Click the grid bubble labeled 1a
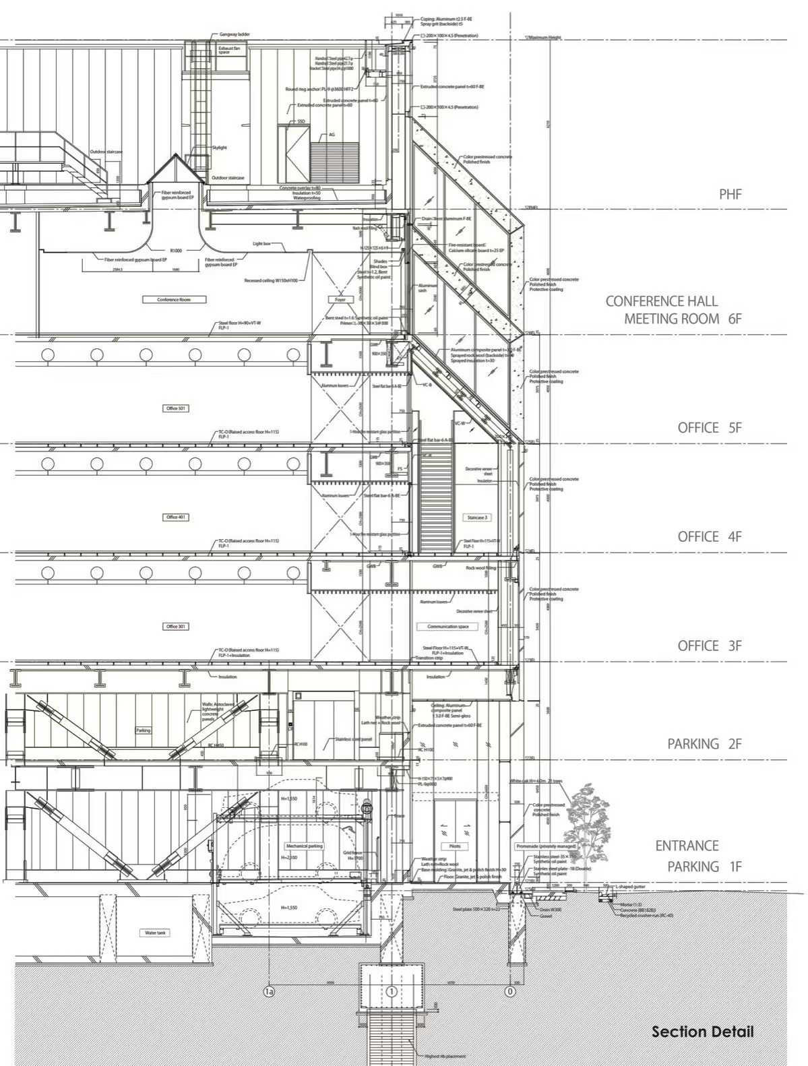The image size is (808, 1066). tap(269, 991)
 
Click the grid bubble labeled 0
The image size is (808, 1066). tap(510, 991)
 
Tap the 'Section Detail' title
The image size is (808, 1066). tap(702, 1032)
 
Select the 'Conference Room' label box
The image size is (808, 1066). tap(173, 299)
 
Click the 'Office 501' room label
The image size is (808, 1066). tap(176, 408)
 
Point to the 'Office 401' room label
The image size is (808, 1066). tap(176, 518)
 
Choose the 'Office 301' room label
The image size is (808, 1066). tap(176, 627)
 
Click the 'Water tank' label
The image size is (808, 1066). tap(156, 933)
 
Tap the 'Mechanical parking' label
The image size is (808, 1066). tap(305, 846)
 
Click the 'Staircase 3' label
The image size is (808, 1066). tap(476, 518)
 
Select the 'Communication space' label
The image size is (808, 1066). tap(447, 627)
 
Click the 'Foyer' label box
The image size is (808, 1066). tap(340, 299)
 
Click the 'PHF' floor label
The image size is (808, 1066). tap(729, 194)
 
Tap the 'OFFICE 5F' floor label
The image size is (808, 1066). tap(709, 428)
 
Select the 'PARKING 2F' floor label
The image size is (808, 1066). tap(704, 744)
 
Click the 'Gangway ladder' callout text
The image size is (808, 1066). tap(235, 34)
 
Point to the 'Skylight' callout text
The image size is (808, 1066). tap(219, 148)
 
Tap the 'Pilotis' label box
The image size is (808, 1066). tap(455, 846)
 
